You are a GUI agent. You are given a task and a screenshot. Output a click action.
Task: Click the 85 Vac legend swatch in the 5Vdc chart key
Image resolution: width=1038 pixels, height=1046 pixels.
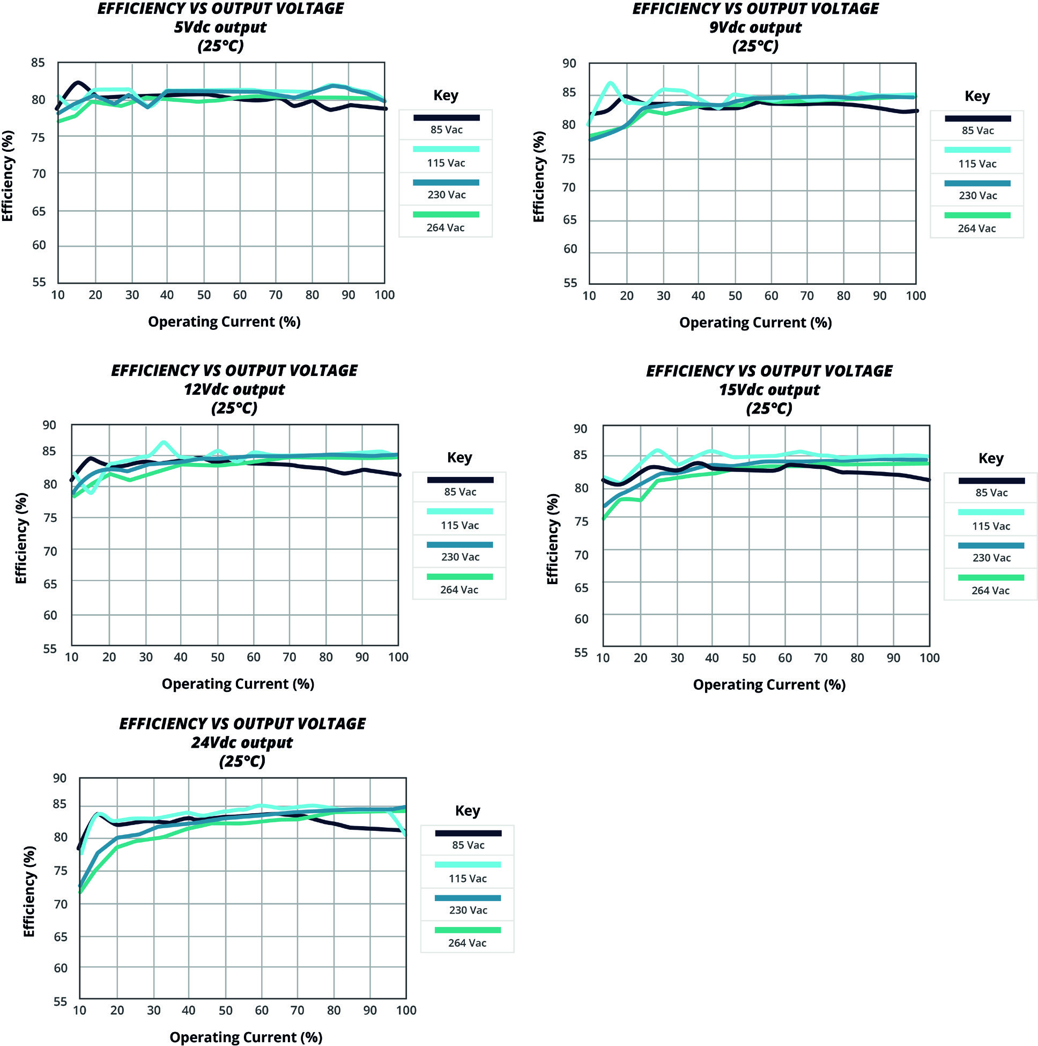(446, 117)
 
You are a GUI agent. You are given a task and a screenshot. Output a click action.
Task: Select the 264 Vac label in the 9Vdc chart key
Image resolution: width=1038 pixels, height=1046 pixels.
(976, 229)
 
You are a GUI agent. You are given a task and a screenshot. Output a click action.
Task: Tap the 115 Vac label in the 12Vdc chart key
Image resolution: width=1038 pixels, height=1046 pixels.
(459, 525)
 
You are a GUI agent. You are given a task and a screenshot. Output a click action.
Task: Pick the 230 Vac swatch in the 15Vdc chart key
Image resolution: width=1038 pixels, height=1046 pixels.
(991, 546)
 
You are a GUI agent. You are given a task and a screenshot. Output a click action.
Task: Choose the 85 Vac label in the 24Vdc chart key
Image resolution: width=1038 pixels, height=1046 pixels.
(468, 845)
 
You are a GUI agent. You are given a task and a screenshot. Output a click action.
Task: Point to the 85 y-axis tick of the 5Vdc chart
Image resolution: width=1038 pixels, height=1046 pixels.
(38, 63)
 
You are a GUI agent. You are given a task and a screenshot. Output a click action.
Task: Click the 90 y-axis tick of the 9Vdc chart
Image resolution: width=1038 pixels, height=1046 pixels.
(569, 63)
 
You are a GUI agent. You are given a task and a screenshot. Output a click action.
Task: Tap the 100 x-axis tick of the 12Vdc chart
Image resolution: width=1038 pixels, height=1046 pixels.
(398, 657)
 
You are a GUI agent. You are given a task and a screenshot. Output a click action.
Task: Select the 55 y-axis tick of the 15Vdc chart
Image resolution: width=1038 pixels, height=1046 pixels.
(581, 652)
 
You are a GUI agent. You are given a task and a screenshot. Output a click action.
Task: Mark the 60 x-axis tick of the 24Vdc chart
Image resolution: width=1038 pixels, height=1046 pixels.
(262, 1010)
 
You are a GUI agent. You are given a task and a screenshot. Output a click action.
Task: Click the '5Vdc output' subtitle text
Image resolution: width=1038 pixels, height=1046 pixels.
(220, 27)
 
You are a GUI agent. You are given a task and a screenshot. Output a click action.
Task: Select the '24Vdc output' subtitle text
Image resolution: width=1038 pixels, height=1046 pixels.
(242, 742)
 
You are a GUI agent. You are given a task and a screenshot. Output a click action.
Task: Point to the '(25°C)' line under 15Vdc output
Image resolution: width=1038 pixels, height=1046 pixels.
(769, 408)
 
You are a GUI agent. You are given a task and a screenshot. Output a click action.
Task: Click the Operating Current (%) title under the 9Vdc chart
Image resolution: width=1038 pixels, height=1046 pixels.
(755, 323)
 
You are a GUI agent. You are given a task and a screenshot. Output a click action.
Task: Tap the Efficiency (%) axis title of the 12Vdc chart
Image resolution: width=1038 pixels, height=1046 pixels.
(21, 538)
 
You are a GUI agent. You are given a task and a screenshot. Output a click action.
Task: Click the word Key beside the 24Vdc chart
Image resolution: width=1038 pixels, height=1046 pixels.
(468, 811)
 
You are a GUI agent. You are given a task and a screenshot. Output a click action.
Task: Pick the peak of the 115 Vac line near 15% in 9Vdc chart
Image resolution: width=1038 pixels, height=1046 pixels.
(611, 83)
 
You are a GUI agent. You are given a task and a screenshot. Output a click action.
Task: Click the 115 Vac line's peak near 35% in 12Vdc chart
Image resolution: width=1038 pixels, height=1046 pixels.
(164, 443)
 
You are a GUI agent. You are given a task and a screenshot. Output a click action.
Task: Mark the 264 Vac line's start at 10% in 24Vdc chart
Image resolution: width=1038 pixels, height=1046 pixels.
(80, 891)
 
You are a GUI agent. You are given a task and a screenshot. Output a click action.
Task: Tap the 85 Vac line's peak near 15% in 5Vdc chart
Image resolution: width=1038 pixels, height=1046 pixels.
(78, 82)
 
